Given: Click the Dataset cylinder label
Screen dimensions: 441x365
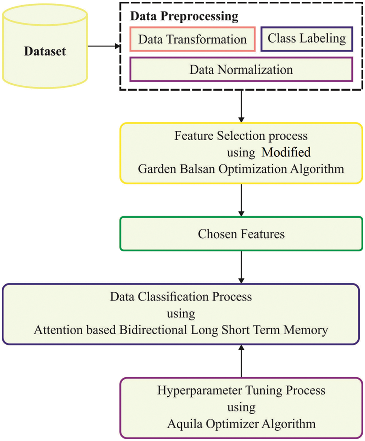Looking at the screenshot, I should pos(45,52).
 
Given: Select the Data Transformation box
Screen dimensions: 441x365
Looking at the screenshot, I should pos(192,39).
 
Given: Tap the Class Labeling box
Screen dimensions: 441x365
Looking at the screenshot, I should pos(307,39).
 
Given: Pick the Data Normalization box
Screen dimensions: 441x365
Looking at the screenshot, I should pos(241,69).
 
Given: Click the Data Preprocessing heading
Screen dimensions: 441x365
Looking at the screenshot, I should pos(183,17).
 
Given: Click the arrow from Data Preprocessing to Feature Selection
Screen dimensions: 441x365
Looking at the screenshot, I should pos(242,106).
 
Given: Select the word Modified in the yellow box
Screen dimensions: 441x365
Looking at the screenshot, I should pos(286,152).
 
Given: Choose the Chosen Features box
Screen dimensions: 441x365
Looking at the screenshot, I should pos(241,234).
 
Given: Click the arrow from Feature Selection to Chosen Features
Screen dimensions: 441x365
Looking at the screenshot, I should pos(242,200).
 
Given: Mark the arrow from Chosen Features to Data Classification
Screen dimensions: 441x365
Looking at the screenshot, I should pos(242,267).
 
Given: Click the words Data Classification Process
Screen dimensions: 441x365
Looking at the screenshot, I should pos(181,296).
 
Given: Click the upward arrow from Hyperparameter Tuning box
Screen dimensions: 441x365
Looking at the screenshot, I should pos(242,361).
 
